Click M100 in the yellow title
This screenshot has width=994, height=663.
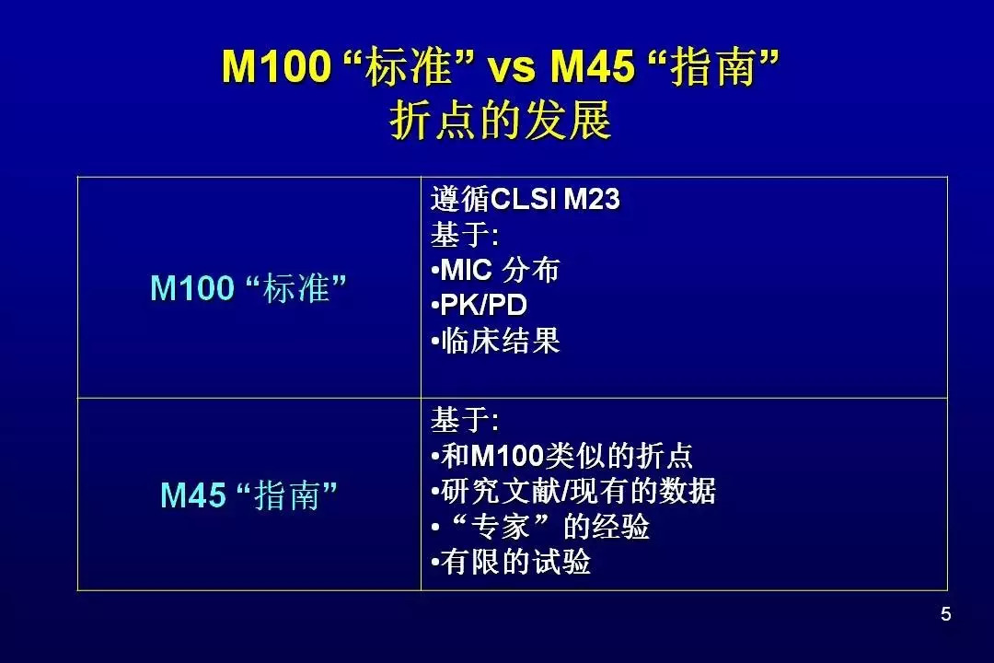point(277,66)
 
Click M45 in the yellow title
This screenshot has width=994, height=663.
point(592,66)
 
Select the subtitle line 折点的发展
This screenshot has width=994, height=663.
point(500,120)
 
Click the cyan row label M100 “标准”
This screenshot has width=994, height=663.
point(248,287)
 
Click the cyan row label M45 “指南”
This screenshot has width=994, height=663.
point(248,494)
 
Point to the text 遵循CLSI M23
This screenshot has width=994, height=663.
point(526,199)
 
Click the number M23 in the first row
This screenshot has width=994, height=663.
point(592,199)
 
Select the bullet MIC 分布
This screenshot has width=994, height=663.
point(495,270)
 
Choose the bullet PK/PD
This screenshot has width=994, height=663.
point(480,305)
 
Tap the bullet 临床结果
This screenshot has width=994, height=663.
point(495,341)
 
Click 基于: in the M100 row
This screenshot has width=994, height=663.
point(465,235)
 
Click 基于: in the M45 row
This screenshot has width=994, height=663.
point(465,420)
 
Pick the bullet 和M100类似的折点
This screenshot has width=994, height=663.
point(561,456)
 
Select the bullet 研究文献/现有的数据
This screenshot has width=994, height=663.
point(573,491)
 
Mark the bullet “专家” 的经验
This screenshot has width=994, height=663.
point(540,527)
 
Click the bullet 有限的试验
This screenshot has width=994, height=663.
point(510,562)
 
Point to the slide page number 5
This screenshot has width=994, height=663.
point(946,614)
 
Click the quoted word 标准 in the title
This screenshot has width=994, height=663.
point(409,66)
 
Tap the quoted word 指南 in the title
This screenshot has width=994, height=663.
point(713,66)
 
